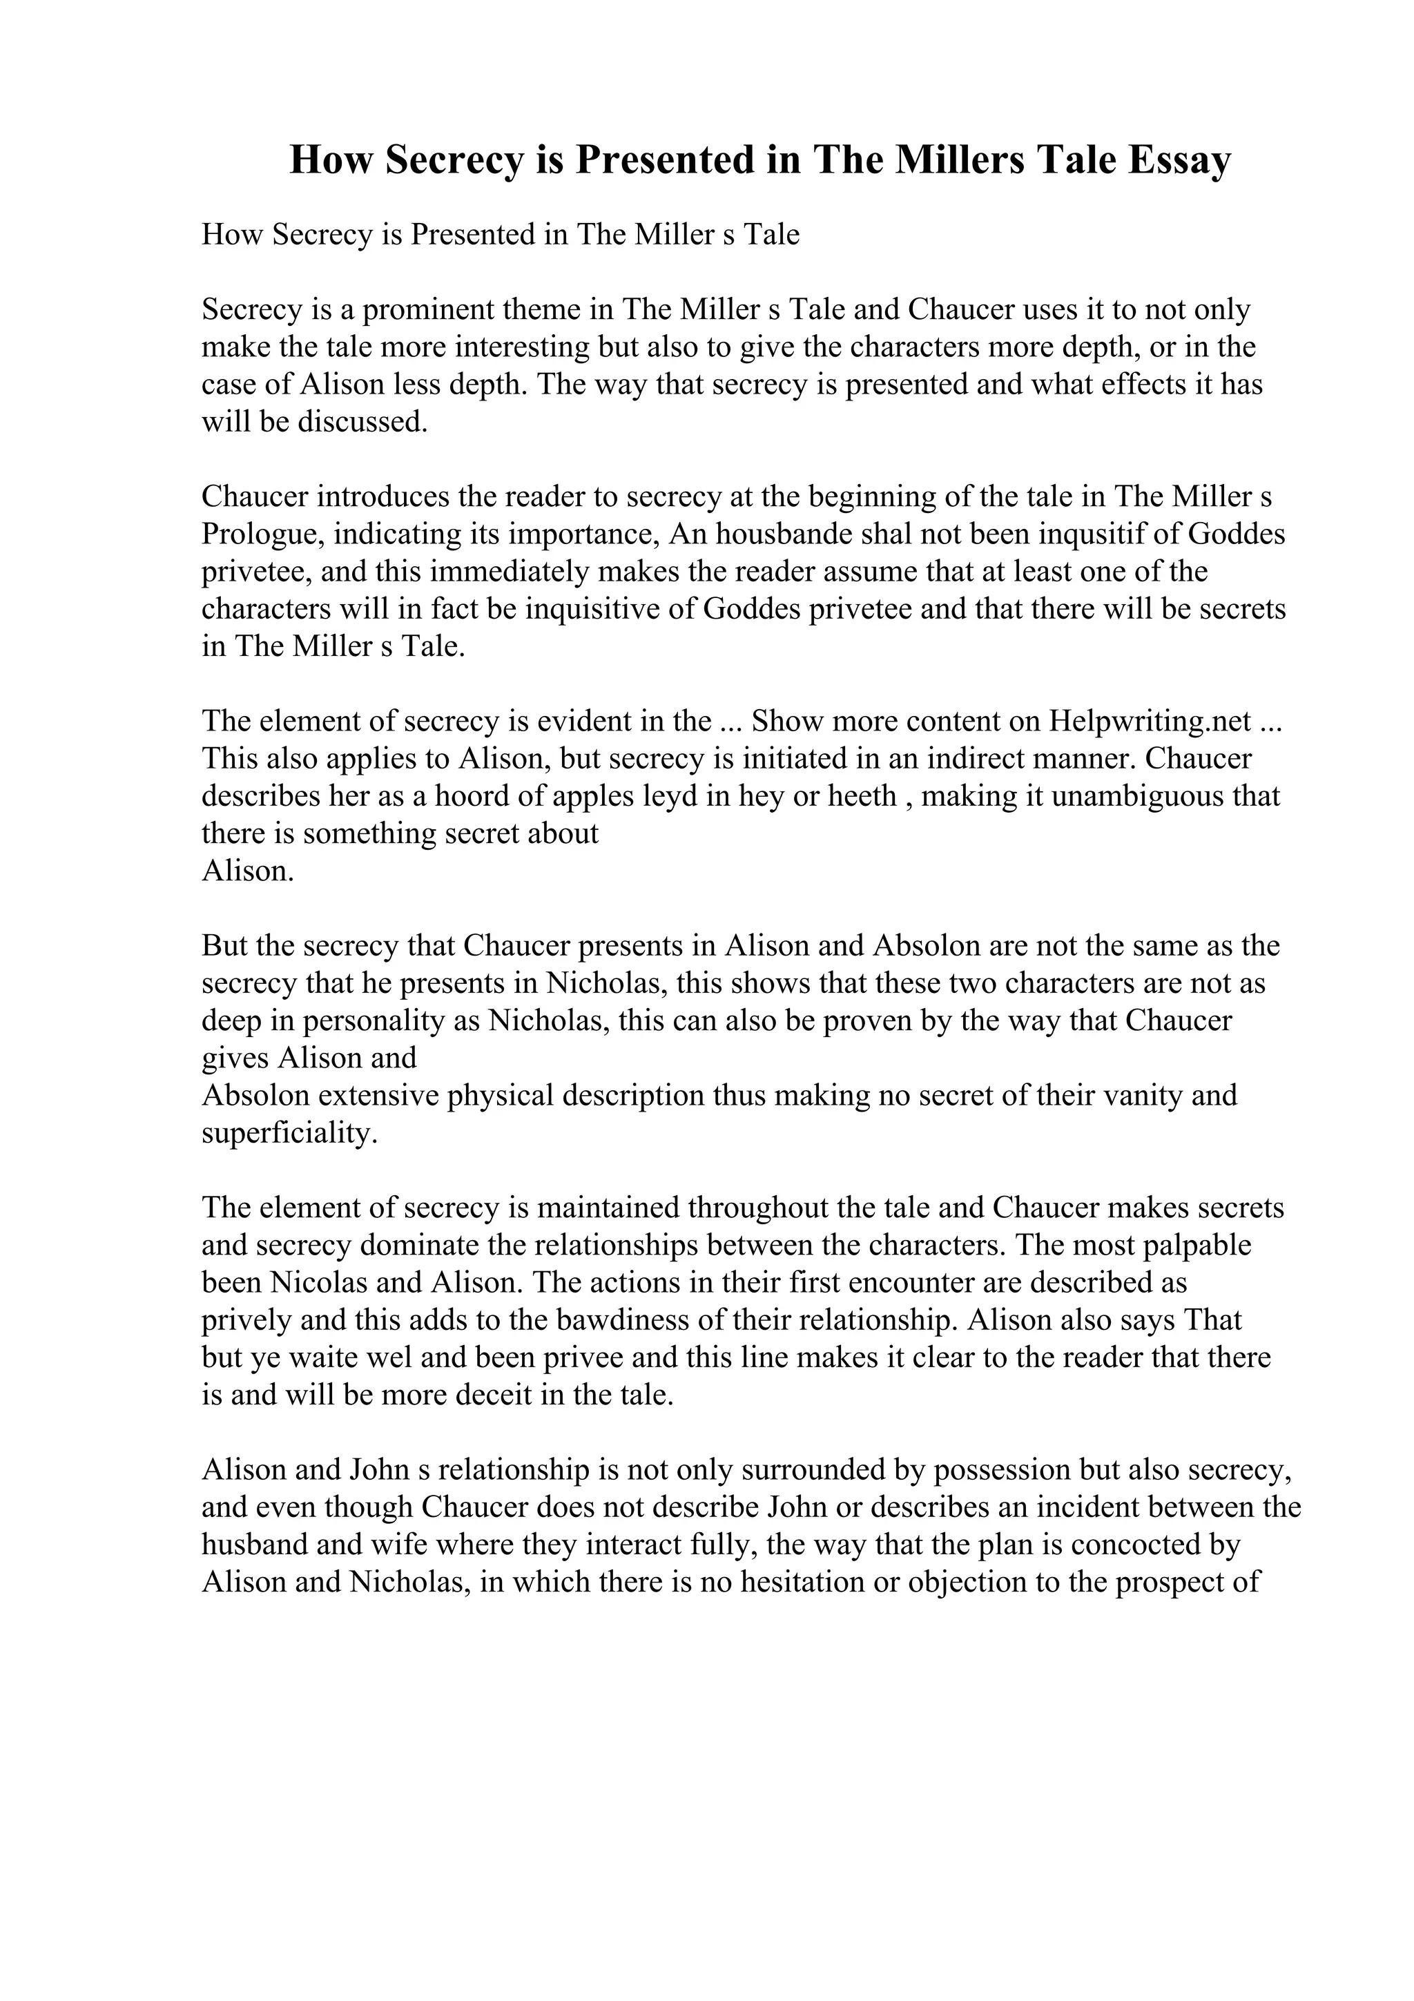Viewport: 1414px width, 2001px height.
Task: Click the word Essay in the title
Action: (1180, 159)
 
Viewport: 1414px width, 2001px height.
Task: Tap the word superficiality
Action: (290, 1133)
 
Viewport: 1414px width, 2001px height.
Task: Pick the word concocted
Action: (1131, 1545)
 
